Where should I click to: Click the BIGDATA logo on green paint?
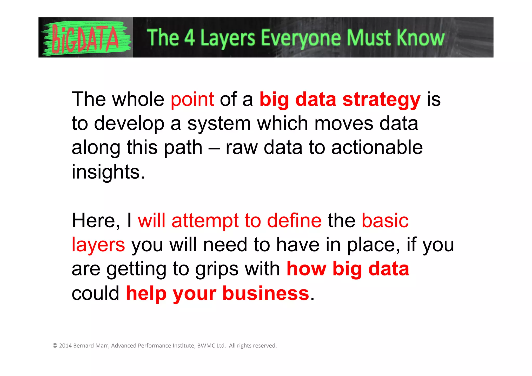[86, 38]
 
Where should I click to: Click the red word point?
[192, 100]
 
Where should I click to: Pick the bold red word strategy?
[381, 100]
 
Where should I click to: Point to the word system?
[219, 124]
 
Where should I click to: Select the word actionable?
[377, 148]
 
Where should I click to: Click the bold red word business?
[266, 294]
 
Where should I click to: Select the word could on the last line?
[95, 294]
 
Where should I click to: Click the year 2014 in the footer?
[65, 346]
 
